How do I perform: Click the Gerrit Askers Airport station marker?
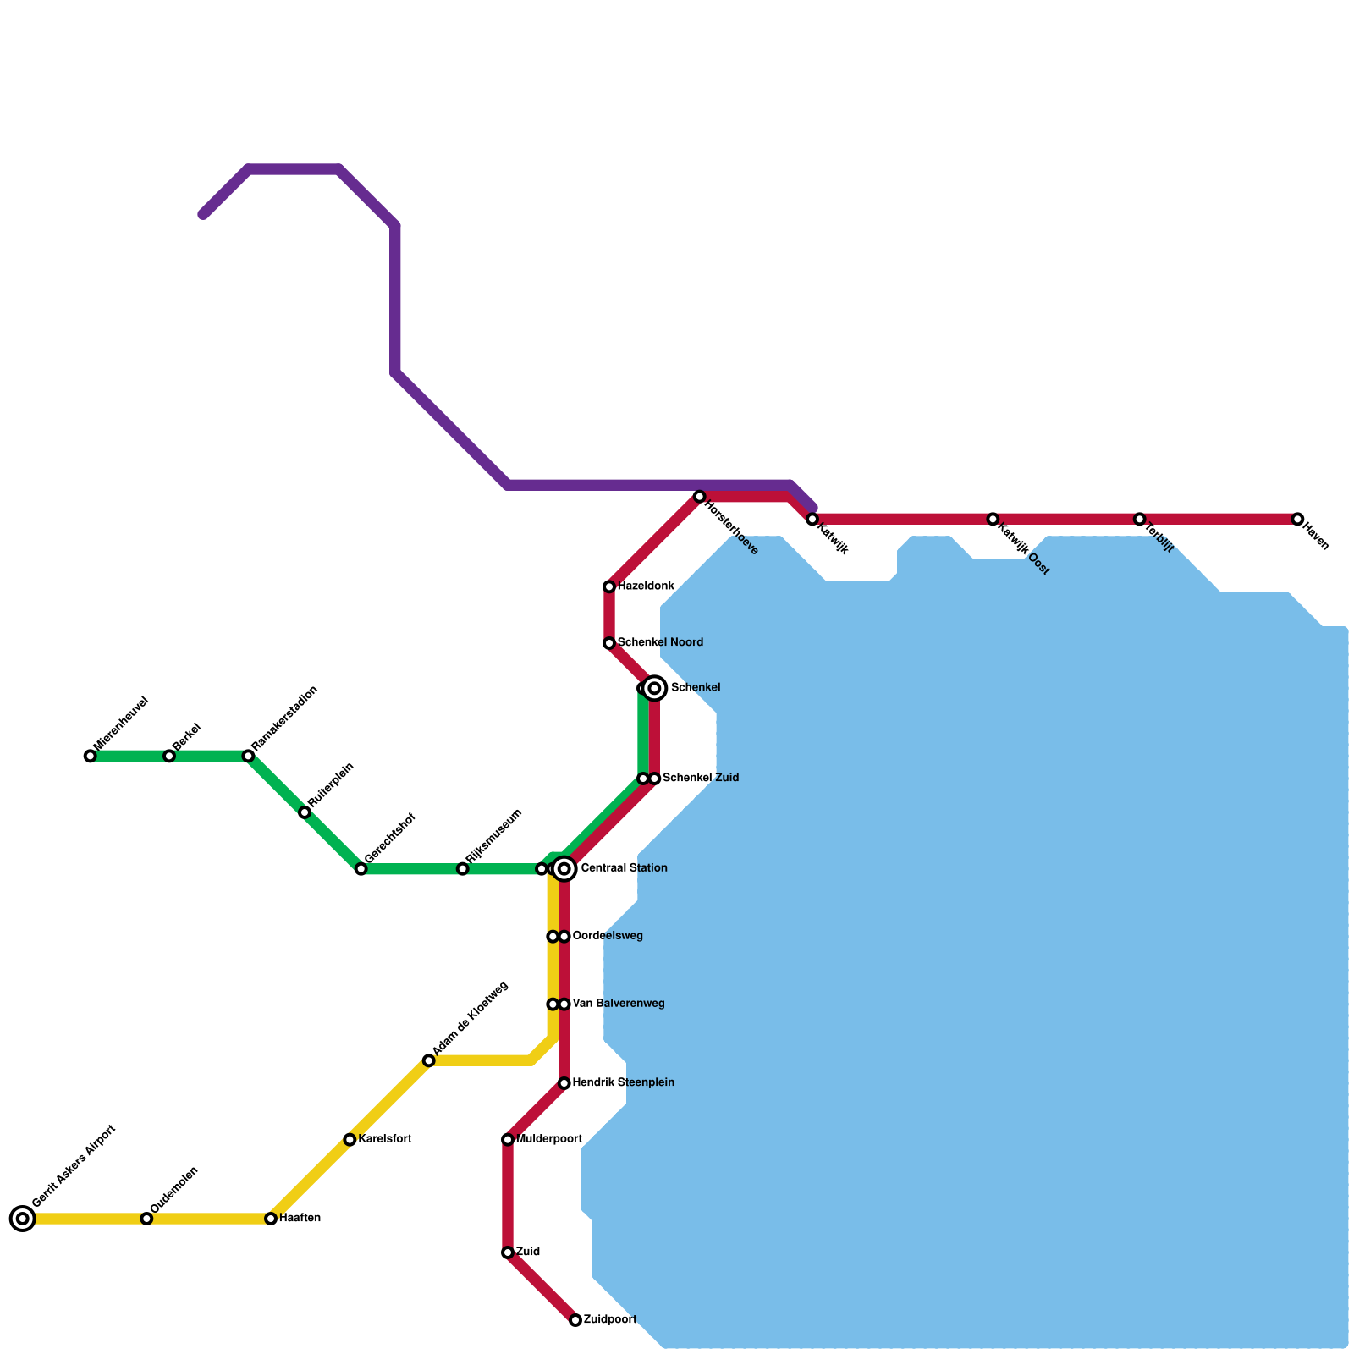pyautogui.click(x=23, y=1219)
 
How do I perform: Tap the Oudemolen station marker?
pyautogui.click(x=146, y=1219)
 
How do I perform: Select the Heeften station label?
pyautogui.click(x=300, y=1219)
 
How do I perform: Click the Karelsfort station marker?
pyautogui.click(x=350, y=1140)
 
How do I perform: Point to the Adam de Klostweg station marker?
pyautogui.click(x=429, y=1060)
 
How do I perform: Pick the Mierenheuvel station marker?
pyautogui.click(x=91, y=756)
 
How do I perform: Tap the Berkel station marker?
pyautogui.click(x=169, y=756)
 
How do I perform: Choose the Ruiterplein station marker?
pyautogui.click(x=305, y=812)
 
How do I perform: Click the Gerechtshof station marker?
pyautogui.click(x=361, y=869)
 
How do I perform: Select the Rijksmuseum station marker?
pyautogui.click(x=463, y=869)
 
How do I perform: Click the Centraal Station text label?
pyautogui.click(x=624, y=868)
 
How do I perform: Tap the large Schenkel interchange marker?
pyautogui.click(x=654, y=688)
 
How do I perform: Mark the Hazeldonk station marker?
pyautogui.click(x=609, y=586)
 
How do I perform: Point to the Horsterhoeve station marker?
pyautogui.click(x=700, y=497)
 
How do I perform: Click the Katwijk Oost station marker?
pyautogui.click(x=993, y=519)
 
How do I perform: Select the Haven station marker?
pyautogui.click(x=1297, y=519)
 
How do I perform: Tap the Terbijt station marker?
pyautogui.click(x=1140, y=519)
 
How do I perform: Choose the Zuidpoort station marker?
pyautogui.click(x=575, y=1320)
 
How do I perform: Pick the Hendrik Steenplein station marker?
pyautogui.click(x=564, y=1083)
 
